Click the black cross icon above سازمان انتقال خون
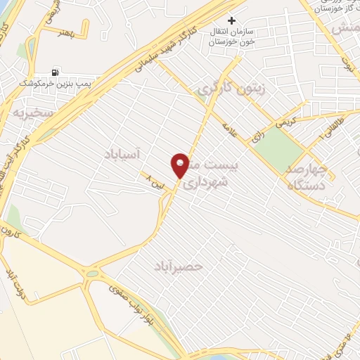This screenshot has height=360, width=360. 231,20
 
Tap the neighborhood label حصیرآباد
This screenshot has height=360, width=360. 179,266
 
